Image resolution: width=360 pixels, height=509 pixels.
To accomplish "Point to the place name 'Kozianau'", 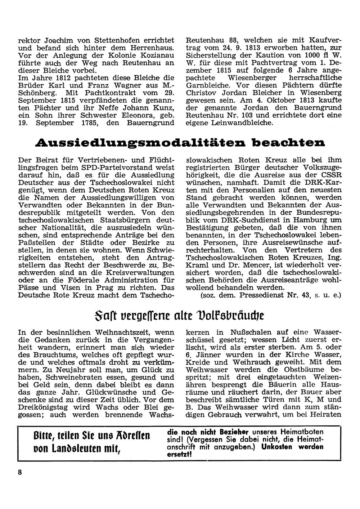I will click(156, 55).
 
